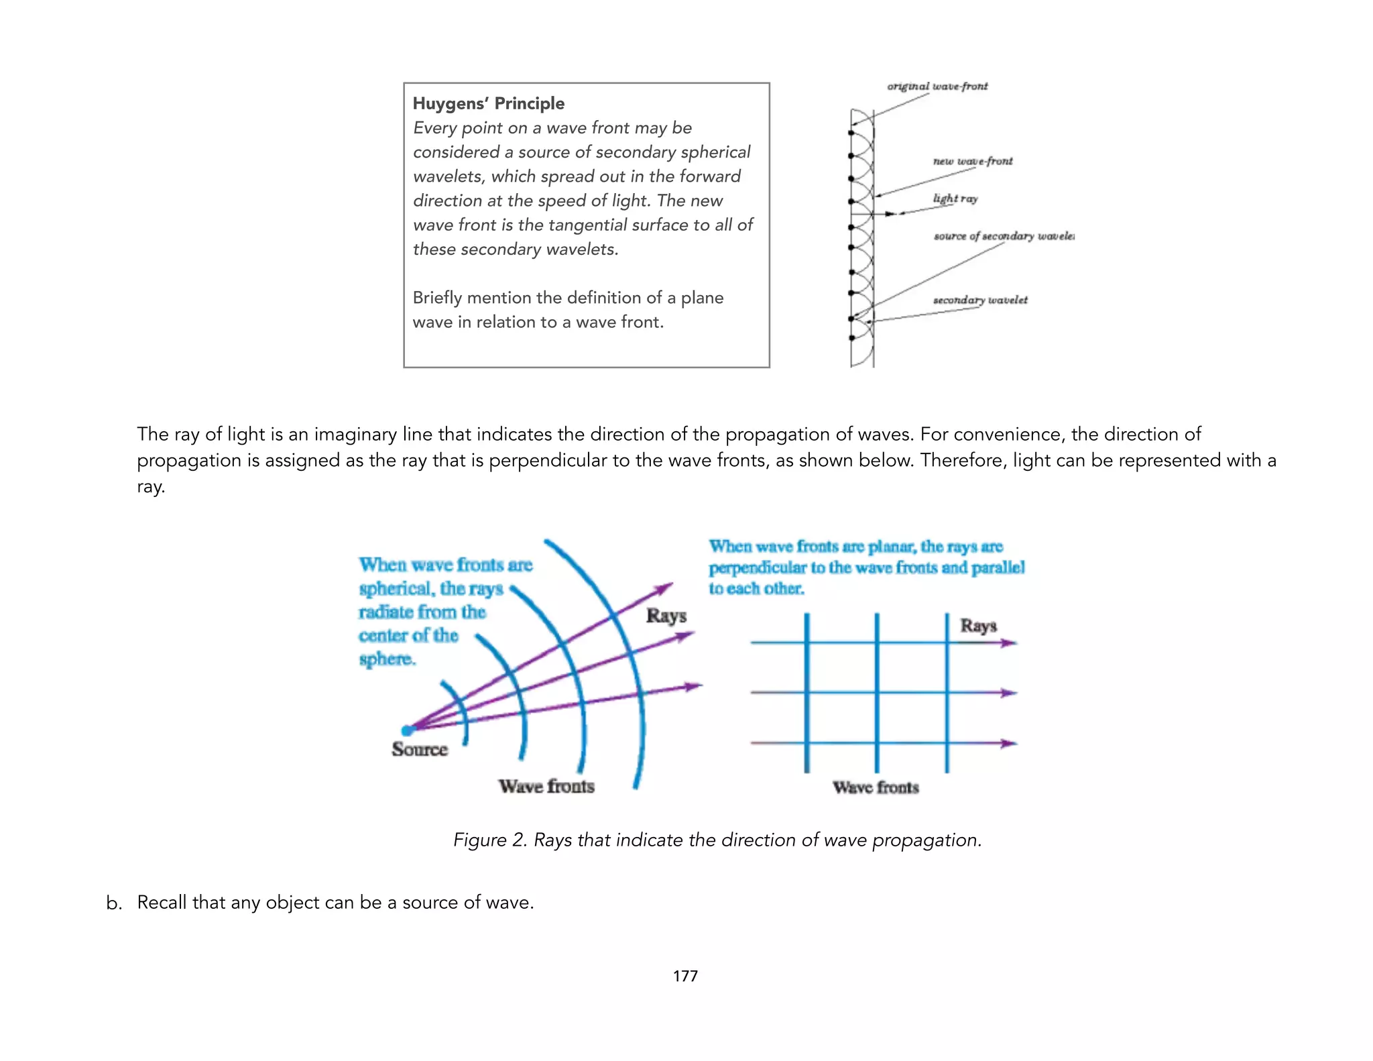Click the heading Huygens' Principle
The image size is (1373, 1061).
[488, 103]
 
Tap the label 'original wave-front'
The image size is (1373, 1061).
[937, 87]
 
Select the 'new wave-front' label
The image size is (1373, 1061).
[972, 162]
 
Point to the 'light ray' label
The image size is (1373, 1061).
[955, 199]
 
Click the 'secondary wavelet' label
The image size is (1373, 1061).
[979, 300]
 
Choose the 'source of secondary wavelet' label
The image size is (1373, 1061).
[1004, 236]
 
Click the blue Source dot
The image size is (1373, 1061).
[407, 730]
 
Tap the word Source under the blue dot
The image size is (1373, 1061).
[420, 749]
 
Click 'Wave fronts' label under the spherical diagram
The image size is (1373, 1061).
[546, 786]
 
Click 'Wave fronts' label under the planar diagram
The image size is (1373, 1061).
[876, 787]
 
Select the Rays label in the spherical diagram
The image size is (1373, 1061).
[666, 616]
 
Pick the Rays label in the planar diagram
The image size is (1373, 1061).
[978, 626]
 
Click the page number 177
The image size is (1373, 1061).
[685, 976]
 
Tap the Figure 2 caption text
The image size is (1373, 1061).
[717, 840]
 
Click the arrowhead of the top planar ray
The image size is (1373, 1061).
[1009, 643]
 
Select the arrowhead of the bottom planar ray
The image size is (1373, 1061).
[1009, 743]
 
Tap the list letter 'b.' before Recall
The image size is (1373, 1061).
[114, 903]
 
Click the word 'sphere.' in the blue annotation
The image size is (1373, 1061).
[387, 659]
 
